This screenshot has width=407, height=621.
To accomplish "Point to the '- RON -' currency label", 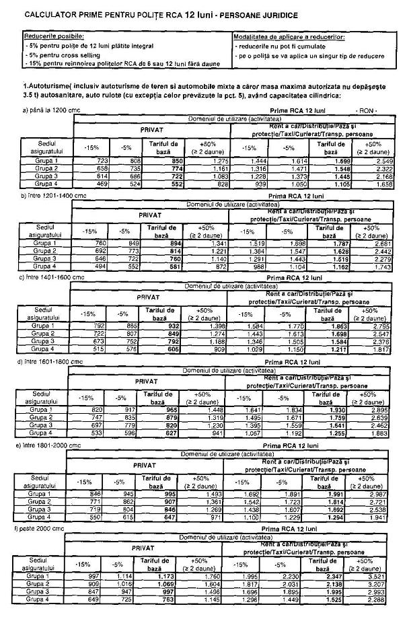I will (368, 110).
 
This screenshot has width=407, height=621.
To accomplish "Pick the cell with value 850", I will (176, 161).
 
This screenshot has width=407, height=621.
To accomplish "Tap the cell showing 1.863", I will (337, 326).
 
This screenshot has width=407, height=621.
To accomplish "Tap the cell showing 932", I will (176, 326).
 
